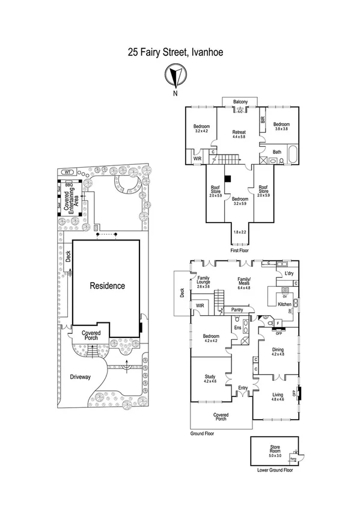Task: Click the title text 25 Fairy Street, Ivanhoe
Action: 180,52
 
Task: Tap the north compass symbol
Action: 174,76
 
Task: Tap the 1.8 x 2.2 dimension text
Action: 240,232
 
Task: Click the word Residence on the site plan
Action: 108,286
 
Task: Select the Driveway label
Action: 80,377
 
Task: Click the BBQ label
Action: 69,185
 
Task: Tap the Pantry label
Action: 237,310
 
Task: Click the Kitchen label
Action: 284,304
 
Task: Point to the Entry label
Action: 243,388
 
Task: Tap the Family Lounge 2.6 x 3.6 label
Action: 202,283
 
